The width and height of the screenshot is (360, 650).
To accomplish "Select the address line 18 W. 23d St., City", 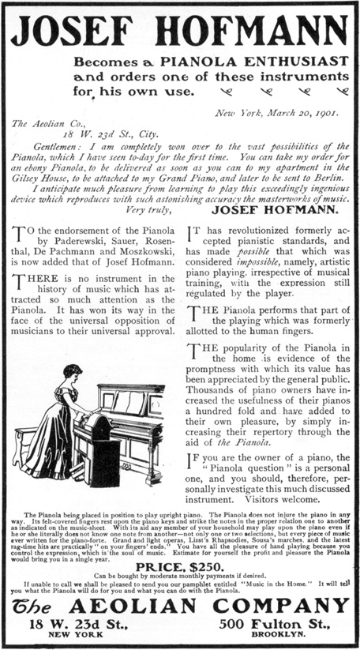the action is pos(92,135).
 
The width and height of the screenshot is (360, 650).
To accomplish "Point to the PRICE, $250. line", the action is pos(179,566).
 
